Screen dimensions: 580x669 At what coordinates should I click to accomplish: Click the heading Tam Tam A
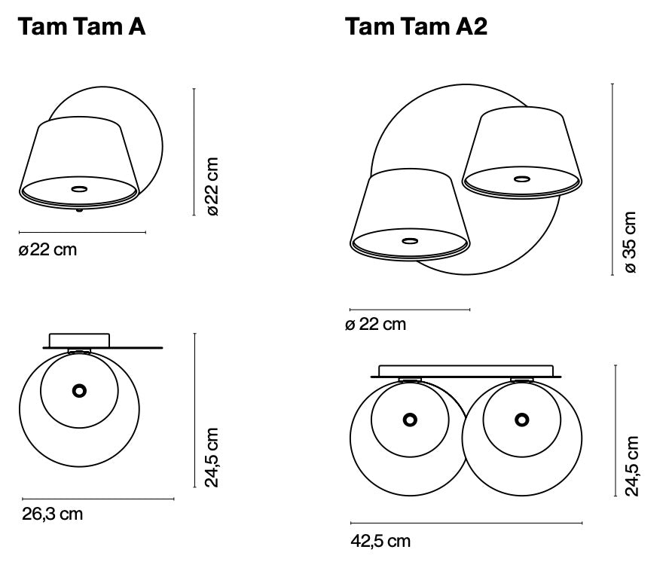point(81,26)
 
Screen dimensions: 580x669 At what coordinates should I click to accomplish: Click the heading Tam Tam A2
point(416,26)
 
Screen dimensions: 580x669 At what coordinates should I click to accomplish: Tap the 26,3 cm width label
point(51,514)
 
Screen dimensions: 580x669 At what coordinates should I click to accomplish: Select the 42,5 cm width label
point(380,541)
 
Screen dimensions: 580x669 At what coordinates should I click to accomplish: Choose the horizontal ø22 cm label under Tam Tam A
point(47,249)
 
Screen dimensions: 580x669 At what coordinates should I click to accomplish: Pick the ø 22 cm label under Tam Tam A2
point(375,325)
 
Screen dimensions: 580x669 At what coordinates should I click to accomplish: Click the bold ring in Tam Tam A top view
point(78,390)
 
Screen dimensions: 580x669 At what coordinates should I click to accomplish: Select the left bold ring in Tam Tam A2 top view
point(410,420)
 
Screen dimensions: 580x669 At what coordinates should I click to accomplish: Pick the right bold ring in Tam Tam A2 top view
point(521,420)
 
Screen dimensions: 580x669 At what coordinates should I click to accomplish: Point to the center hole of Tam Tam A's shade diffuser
point(78,187)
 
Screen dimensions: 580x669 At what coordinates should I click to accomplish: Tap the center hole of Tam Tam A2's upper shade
point(521,179)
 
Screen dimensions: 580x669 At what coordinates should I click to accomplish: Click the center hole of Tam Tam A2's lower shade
point(411,241)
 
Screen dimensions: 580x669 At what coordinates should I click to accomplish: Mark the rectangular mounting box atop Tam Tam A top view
point(80,340)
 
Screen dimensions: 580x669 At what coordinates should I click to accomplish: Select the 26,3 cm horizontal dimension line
point(98,499)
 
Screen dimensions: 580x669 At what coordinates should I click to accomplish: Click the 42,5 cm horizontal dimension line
point(466,523)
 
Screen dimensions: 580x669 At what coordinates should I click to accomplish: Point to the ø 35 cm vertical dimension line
point(612,179)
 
